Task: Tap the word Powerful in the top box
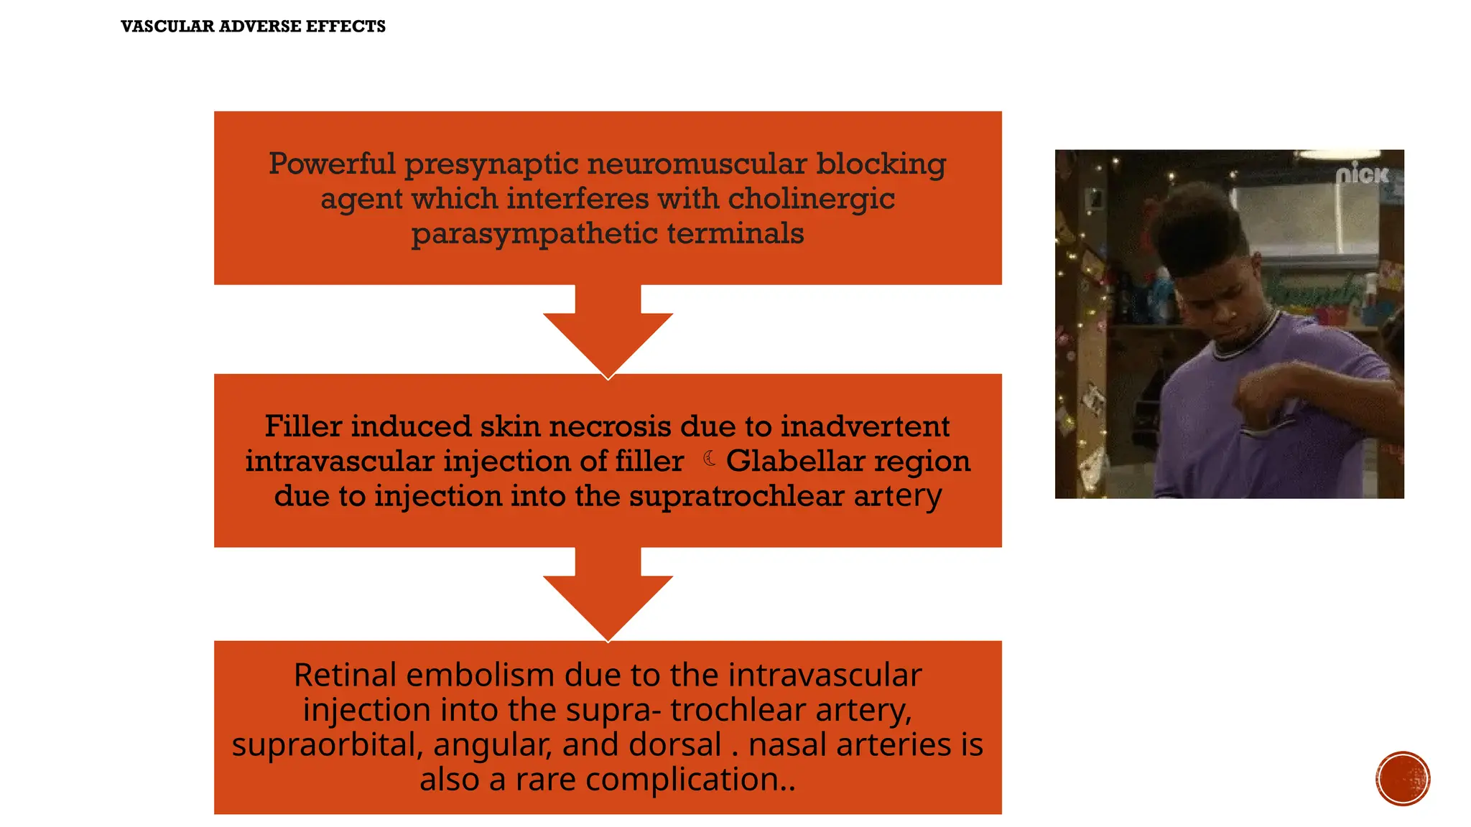coord(332,164)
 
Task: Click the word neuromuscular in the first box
coord(696,164)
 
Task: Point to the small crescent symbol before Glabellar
coord(710,459)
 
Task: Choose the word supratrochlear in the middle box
coord(736,496)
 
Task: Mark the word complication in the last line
coord(682,780)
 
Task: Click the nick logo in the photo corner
coord(1362,174)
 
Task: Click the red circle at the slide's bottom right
coord(1403,779)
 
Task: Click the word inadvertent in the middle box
coord(865,426)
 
